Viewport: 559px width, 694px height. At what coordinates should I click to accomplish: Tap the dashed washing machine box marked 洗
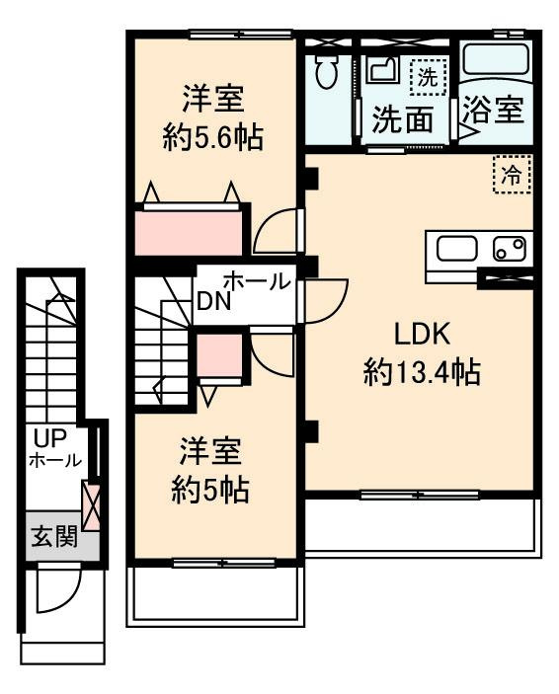click(x=428, y=77)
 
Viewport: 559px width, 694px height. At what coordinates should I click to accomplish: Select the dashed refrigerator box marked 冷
click(x=513, y=175)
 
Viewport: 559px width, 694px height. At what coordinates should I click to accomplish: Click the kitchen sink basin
click(x=457, y=249)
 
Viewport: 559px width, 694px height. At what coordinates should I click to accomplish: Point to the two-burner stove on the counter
click(x=510, y=249)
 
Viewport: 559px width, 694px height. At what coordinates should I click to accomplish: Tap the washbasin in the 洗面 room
click(x=382, y=68)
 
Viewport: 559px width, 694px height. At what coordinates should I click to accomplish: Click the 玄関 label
click(x=54, y=537)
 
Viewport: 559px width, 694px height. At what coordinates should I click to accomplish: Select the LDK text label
click(x=422, y=335)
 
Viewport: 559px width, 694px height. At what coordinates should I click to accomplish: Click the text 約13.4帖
click(x=422, y=373)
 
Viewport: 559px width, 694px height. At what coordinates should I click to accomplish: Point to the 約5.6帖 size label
click(x=212, y=137)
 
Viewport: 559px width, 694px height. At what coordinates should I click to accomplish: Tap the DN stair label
click(x=214, y=301)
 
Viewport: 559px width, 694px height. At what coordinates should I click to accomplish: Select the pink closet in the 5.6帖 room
click(x=189, y=233)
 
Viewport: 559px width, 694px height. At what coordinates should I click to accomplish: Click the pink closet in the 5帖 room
click(x=219, y=355)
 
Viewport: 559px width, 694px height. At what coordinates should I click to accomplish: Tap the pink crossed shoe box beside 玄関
click(x=90, y=506)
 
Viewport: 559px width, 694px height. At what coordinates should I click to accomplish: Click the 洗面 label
click(x=402, y=119)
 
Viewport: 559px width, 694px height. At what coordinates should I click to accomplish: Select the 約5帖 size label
click(x=210, y=490)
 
